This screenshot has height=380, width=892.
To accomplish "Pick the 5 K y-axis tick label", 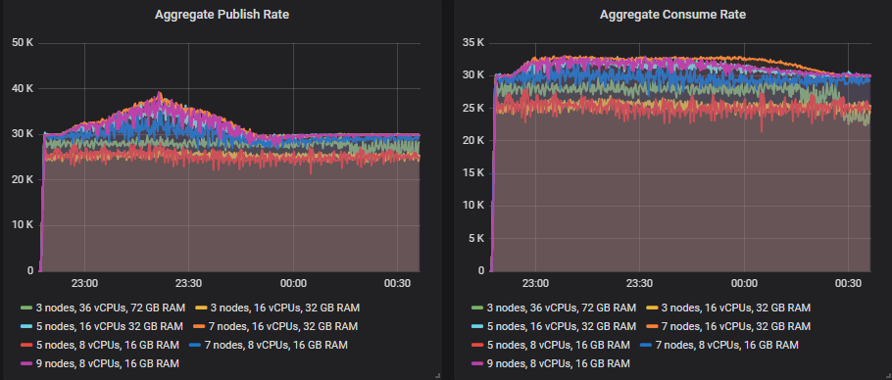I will [475, 238].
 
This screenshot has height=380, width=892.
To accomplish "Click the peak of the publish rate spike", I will [159, 94].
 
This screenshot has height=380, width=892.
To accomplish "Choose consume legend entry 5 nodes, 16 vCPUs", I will [557, 326].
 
